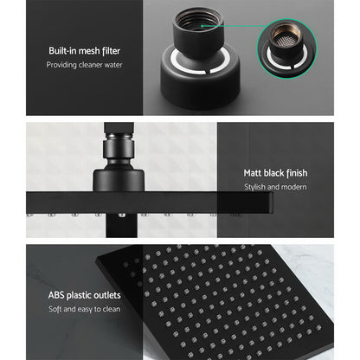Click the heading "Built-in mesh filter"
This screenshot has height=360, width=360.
(x=73, y=51)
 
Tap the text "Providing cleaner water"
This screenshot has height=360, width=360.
(x=73, y=67)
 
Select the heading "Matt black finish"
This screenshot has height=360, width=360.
(x=275, y=173)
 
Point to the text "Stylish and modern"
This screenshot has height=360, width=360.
(x=275, y=187)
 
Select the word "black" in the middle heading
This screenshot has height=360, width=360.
(x=276, y=173)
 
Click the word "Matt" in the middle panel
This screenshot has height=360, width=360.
(x=254, y=173)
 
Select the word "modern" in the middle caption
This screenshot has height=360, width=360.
(x=292, y=187)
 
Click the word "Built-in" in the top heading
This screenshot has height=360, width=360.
(x=51, y=51)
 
